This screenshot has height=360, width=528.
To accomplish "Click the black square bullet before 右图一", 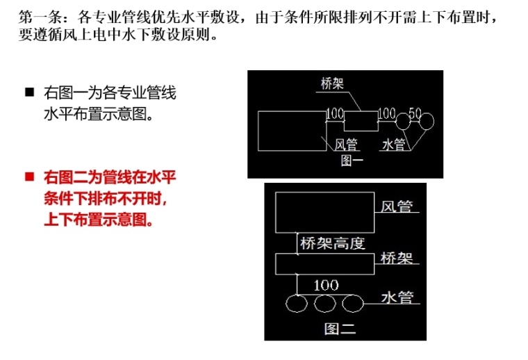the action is [x=29, y=92].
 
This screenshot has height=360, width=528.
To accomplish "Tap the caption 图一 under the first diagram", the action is [x=352, y=161].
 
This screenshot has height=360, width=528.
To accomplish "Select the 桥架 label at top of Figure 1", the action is [x=333, y=85].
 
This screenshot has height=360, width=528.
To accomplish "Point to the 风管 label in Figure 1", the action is [x=345, y=145].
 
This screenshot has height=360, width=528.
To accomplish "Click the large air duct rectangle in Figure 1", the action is [x=291, y=131].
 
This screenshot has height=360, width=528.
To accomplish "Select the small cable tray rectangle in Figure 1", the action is [x=361, y=121].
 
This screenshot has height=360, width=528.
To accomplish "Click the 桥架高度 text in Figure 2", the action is [x=331, y=243].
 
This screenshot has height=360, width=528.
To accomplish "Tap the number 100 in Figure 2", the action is [x=326, y=285].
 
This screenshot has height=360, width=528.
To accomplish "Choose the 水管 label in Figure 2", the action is [x=397, y=297].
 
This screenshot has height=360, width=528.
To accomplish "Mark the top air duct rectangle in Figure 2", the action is [x=324, y=212].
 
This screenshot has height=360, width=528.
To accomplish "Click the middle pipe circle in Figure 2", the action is [x=324, y=303].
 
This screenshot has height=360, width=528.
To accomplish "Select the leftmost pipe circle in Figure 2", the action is [x=297, y=303].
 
